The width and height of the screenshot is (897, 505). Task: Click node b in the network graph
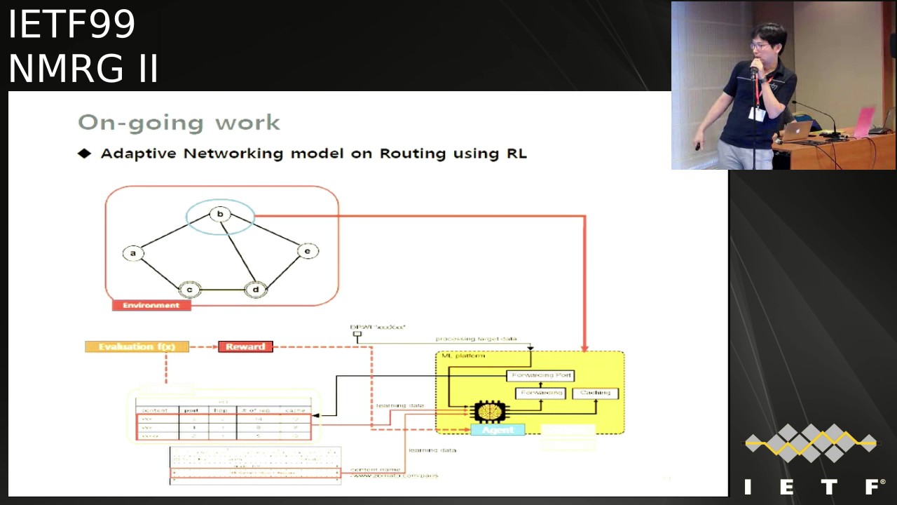pyautogui.click(x=220, y=214)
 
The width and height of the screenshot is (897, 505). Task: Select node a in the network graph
pyautogui.click(x=132, y=253)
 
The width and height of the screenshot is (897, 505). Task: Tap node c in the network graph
pyautogui.click(x=189, y=289)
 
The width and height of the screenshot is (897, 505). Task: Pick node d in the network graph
pyautogui.click(x=256, y=289)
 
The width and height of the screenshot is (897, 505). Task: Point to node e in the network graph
pyautogui.click(x=308, y=250)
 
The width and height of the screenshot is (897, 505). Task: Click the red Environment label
pyautogui.click(x=151, y=305)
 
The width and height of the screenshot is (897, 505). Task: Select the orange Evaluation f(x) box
pyautogui.click(x=137, y=346)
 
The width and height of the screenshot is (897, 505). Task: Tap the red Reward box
pyautogui.click(x=245, y=346)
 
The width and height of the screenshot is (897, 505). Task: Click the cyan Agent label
pyautogui.click(x=498, y=429)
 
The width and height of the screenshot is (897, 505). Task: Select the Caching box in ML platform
pyautogui.click(x=596, y=393)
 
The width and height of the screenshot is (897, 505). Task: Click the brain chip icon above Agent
pyautogui.click(x=488, y=411)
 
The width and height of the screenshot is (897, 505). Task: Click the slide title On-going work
pyautogui.click(x=179, y=123)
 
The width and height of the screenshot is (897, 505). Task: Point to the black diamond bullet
pyautogui.click(x=85, y=153)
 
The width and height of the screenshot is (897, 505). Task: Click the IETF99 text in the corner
pyautogui.click(x=71, y=25)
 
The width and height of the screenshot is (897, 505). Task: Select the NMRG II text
pyautogui.click(x=83, y=69)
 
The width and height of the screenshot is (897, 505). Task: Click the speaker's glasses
pyautogui.click(x=759, y=46)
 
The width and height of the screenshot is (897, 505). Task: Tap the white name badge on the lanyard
pyautogui.click(x=756, y=114)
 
